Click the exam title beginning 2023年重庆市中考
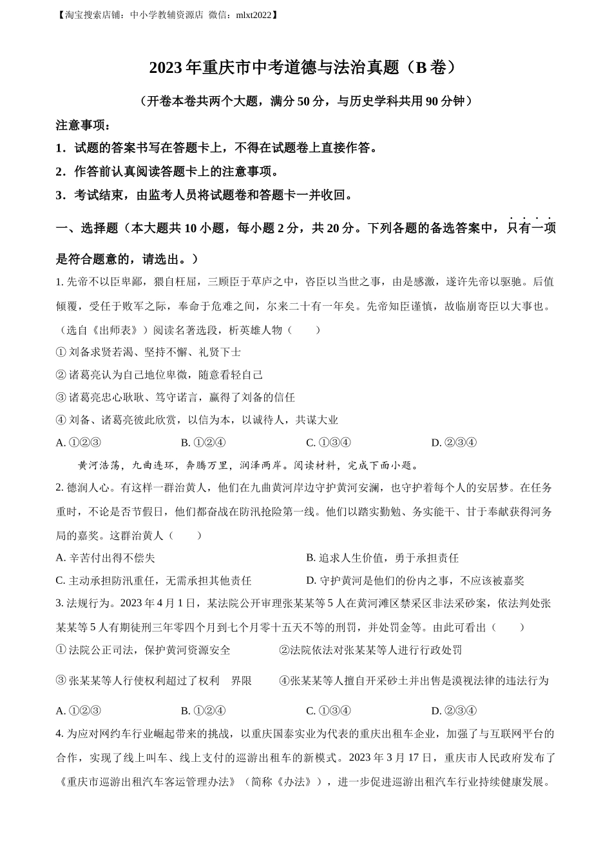tap(305, 68)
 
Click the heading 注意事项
tap(83, 125)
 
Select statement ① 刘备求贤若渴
tap(149, 352)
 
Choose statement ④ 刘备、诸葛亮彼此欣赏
tap(197, 420)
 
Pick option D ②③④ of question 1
tap(454, 443)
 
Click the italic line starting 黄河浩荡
tap(249, 465)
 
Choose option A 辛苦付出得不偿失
tap(106, 558)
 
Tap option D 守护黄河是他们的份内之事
tap(415, 581)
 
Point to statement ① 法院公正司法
tap(143, 650)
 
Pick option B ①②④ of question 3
tap(203, 711)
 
